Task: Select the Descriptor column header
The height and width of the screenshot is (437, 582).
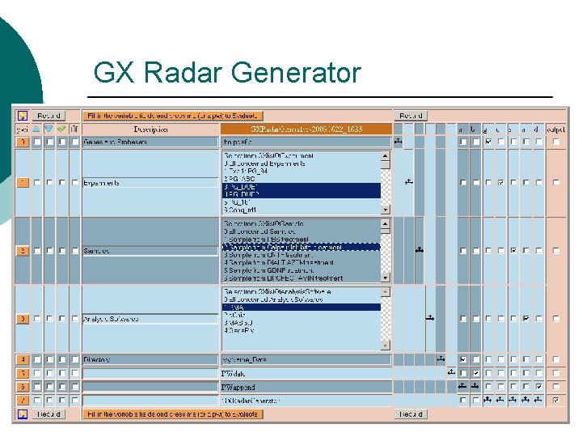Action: pyautogui.click(x=150, y=129)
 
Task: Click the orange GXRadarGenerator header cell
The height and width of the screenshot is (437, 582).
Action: pyautogui.click(x=306, y=129)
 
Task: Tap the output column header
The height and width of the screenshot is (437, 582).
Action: pyautogui.click(x=555, y=129)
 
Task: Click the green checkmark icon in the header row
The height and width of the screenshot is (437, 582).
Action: pyautogui.click(x=61, y=129)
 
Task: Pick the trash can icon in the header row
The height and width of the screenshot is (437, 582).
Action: pyautogui.click(x=74, y=129)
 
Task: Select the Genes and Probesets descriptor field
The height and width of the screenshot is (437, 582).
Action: pyautogui.click(x=150, y=142)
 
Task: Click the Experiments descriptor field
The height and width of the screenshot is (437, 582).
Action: pyautogui.click(x=150, y=183)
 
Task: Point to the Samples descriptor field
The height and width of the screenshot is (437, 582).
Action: pyautogui.click(x=150, y=251)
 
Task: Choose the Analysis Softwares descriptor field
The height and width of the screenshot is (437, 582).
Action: pyautogui.click(x=150, y=319)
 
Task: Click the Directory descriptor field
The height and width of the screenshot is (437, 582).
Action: pyautogui.click(x=150, y=359)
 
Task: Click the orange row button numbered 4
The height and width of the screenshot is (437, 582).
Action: pyautogui.click(x=23, y=359)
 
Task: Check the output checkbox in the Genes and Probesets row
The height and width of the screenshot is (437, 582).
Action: pyautogui.click(x=555, y=142)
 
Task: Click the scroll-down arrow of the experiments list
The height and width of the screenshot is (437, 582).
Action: pyautogui.click(x=386, y=209)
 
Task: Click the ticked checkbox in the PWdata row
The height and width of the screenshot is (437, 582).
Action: pyautogui.click(x=475, y=373)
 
